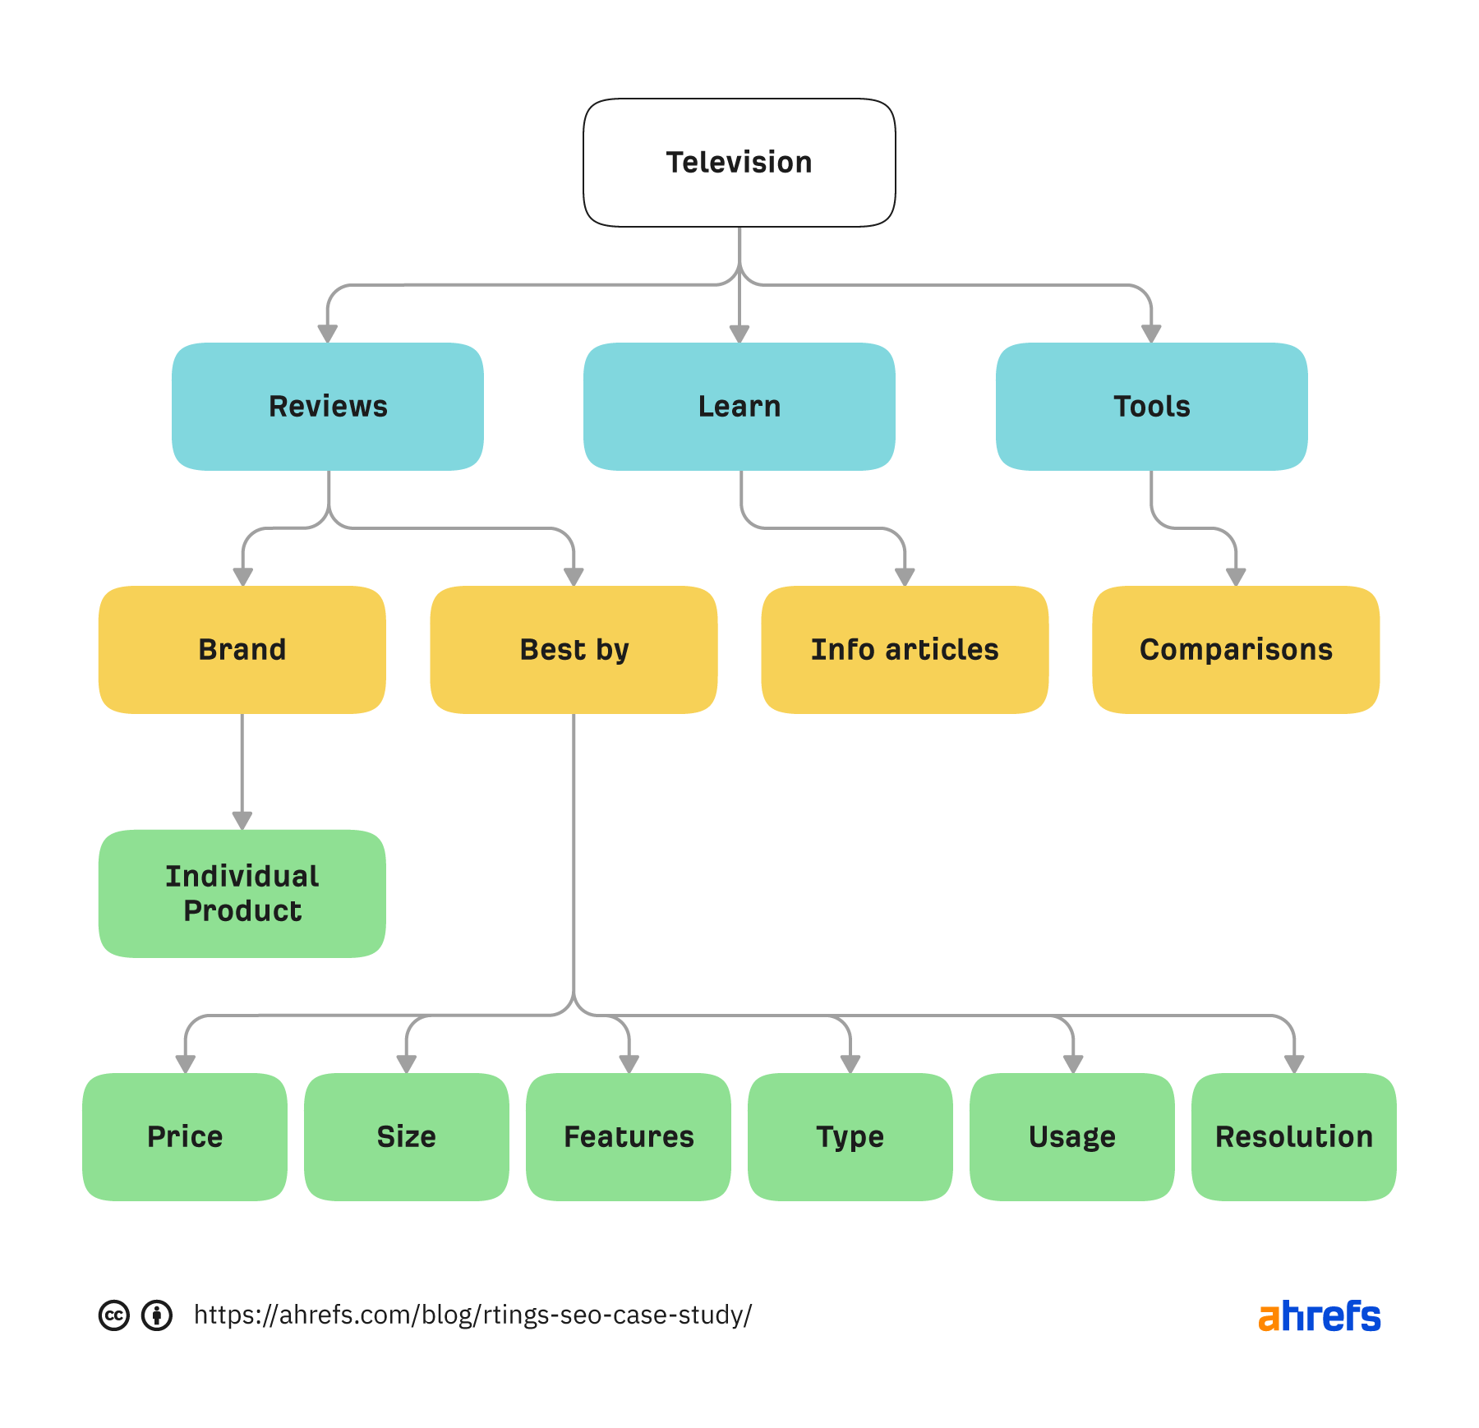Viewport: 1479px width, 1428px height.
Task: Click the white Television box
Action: coord(739,163)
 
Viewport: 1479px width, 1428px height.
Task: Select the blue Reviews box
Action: coord(328,407)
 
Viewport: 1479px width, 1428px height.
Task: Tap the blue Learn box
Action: coord(739,407)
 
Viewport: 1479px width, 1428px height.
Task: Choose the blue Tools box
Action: coord(1151,407)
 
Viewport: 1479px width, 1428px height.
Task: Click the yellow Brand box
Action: coord(242,650)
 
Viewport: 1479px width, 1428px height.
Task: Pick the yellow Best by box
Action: coord(574,650)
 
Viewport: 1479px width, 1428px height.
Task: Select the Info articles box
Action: coord(905,650)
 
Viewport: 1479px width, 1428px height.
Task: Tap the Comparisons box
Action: coord(1236,650)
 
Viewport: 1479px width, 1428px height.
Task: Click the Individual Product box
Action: coord(242,893)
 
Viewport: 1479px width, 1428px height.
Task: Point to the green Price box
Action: coord(185,1137)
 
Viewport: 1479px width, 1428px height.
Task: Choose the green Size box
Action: coord(407,1137)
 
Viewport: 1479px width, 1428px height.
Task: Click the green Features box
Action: coord(629,1137)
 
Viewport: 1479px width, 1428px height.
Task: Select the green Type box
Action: coord(850,1137)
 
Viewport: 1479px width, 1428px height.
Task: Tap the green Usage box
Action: coord(1072,1137)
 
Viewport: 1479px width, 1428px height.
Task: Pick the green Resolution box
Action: coord(1294,1137)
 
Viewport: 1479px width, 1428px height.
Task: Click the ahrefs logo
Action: coord(1319,1316)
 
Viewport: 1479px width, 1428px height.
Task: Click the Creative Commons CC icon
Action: coord(114,1315)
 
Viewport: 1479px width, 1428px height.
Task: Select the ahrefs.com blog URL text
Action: coord(472,1315)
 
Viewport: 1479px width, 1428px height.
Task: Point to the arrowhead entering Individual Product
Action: coord(242,821)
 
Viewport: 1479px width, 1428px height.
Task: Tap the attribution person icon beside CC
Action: coord(157,1315)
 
